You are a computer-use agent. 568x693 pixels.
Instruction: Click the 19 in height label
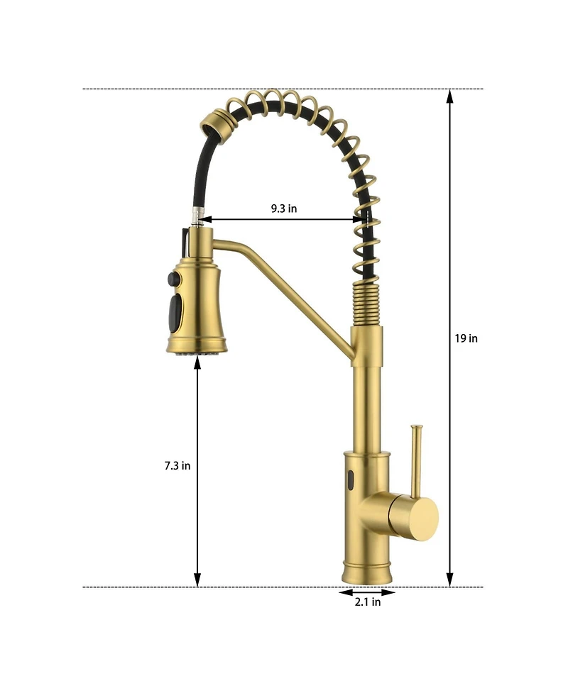tap(466, 338)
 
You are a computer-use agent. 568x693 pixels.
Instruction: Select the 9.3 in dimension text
tap(284, 209)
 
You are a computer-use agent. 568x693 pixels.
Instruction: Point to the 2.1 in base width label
tap(368, 602)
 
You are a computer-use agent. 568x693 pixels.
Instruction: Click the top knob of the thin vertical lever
tap(416, 428)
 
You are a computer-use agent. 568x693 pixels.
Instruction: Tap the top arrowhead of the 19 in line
tap(449, 96)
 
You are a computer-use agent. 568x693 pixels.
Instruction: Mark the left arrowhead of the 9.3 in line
tap(206, 220)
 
